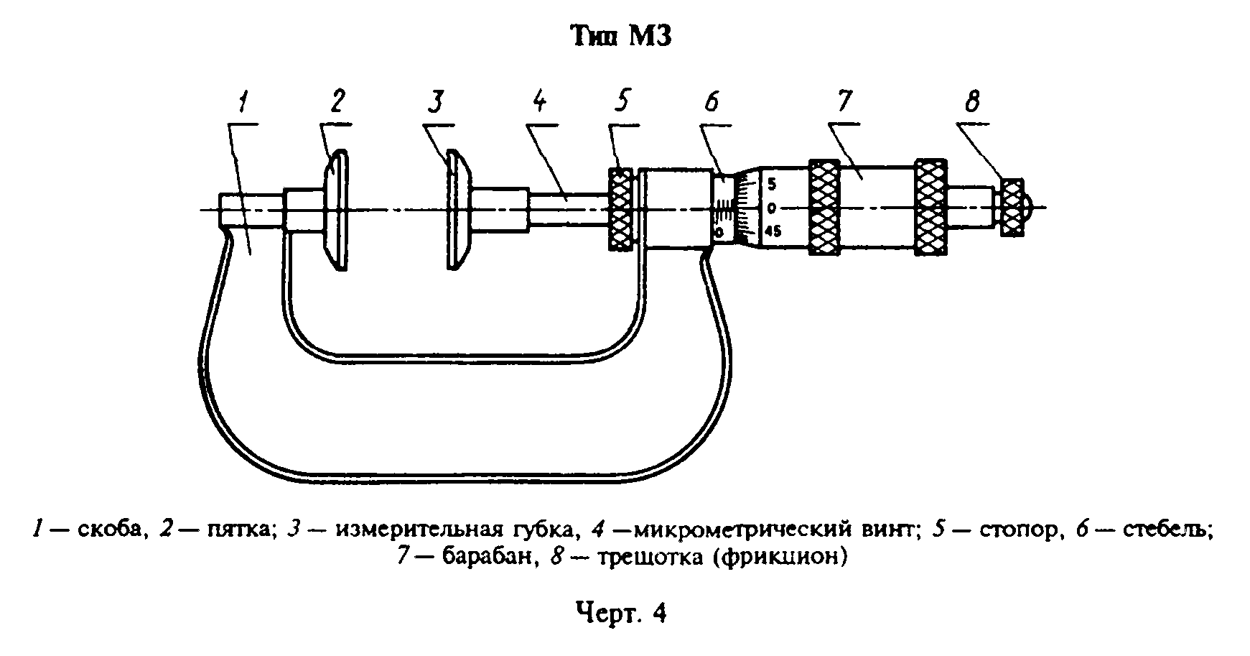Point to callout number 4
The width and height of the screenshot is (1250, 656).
pyautogui.click(x=539, y=101)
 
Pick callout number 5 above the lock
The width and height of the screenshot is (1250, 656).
pyautogui.click(x=622, y=101)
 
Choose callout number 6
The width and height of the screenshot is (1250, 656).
pyautogui.click(x=712, y=103)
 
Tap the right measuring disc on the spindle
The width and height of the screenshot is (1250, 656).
pyautogui.click(x=457, y=210)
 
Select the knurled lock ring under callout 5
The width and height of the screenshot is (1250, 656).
pyautogui.click(x=621, y=209)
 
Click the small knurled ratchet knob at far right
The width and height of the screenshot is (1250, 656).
pyautogui.click(x=1013, y=208)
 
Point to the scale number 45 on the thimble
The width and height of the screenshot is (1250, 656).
pyautogui.click(x=773, y=231)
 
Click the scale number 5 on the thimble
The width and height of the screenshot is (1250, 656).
pyautogui.click(x=772, y=184)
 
